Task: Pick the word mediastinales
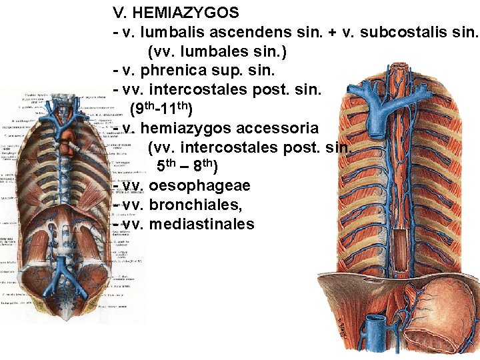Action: pos(202,224)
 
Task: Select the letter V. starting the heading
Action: pos(119,13)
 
